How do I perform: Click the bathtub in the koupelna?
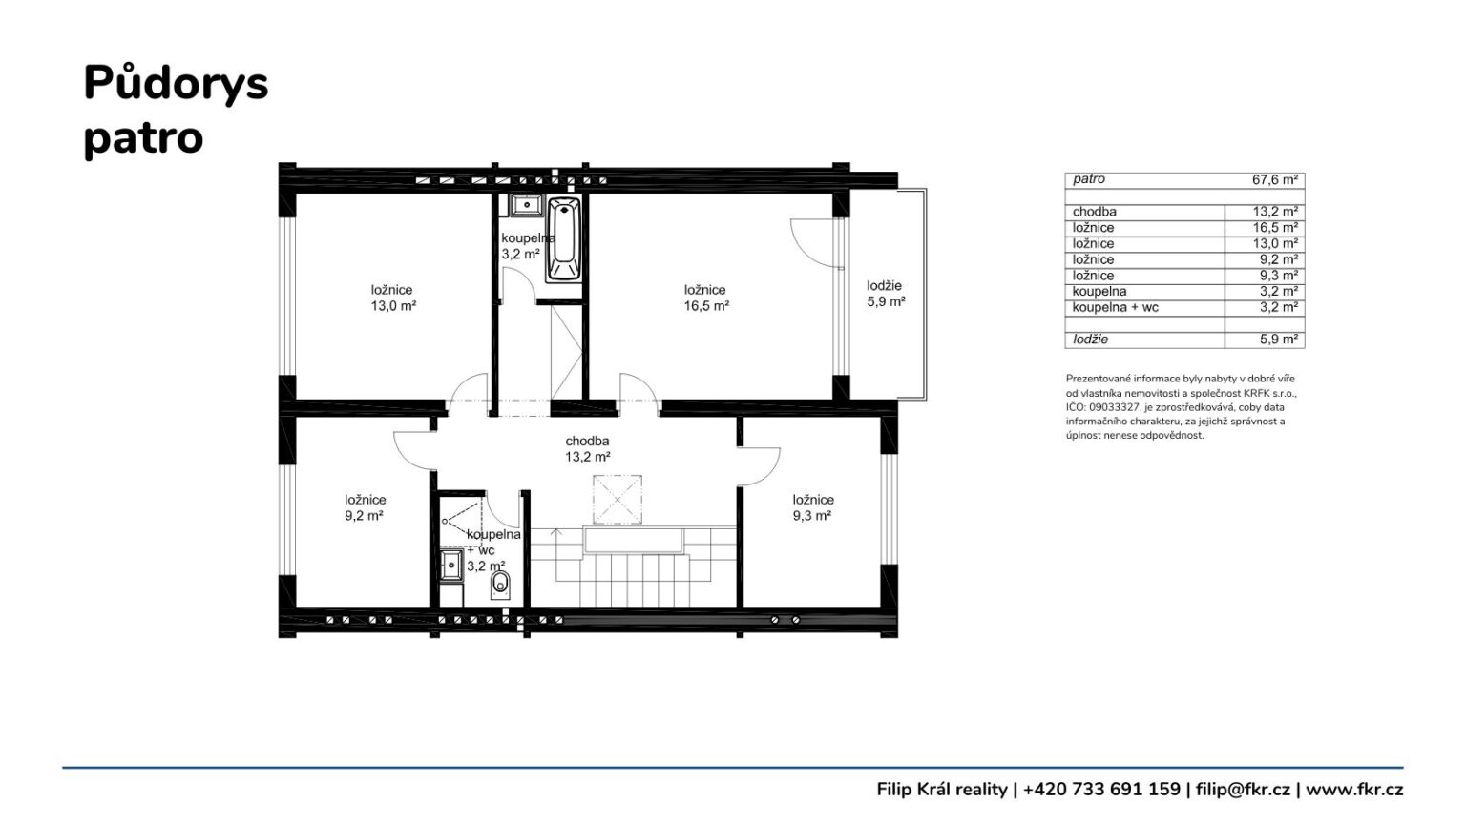[x=563, y=239]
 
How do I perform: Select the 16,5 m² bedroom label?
[x=706, y=298]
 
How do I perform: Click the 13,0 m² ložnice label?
[x=392, y=298]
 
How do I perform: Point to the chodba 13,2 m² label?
[x=588, y=448]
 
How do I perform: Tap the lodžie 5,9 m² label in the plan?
[x=886, y=294]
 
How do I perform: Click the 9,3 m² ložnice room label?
[x=813, y=507]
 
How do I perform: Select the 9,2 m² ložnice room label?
[x=365, y=507]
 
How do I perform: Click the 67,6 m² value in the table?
[x=1275, y=180]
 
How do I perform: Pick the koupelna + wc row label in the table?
[x=1115, y=307]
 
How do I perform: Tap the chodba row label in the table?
[x=1095, y=212]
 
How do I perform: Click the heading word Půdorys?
[x=176, y=84]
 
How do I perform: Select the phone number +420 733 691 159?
[x=1101, y=790]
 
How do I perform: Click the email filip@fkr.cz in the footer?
[x=1243, y=790]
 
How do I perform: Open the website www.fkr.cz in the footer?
[x=1354, y=790]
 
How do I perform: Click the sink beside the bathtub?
[x=526, y=205]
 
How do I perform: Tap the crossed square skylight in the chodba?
[x=618, y=500]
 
